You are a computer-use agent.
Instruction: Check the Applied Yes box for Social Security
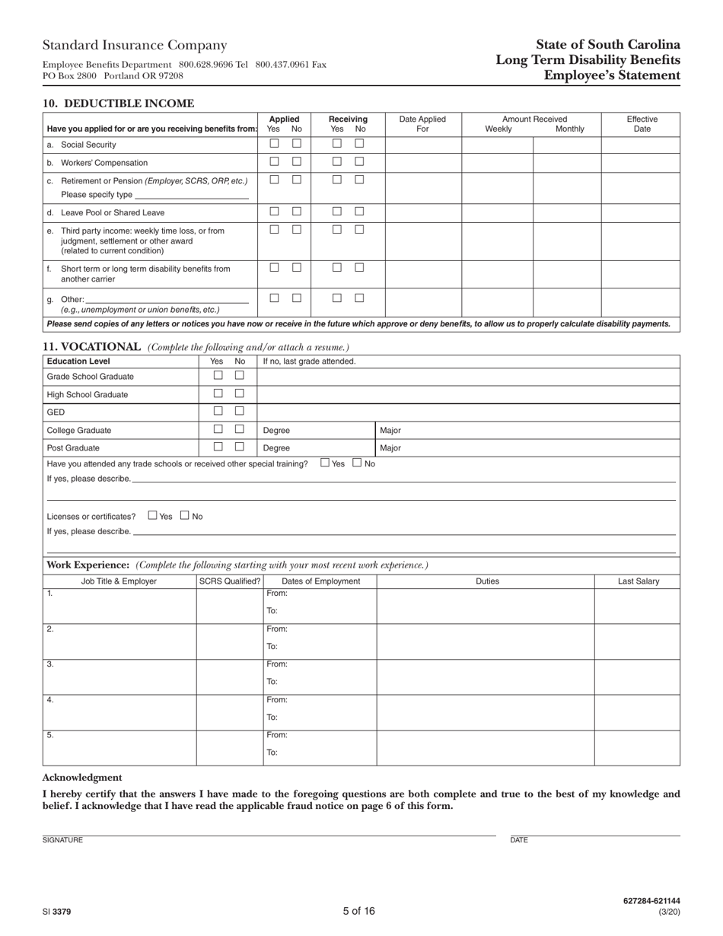(x=274, y=143)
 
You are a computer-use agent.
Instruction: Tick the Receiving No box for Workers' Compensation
(x=359, y=161)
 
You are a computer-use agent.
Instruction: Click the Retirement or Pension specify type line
(x=191, y=195)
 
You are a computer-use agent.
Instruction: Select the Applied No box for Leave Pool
(x=297, y=212)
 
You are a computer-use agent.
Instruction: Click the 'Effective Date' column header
(x=642, y=124)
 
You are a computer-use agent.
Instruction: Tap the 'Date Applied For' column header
(x=422, y=124)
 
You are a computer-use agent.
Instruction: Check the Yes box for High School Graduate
(x=218, y=393)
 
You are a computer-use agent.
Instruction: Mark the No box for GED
(x=239, y=411)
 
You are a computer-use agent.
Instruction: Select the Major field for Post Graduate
(x=527, y=448)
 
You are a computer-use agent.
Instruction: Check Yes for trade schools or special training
(x=326, y=462)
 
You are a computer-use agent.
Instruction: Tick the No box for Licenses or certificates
(x=185, y=515)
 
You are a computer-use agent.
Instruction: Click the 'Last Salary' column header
(x=638, y=581)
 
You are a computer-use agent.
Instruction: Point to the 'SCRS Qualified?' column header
(x=229, y=581)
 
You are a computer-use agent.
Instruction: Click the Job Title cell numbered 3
(x=119, y=677)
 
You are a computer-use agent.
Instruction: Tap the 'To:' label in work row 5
(x=272, y=753)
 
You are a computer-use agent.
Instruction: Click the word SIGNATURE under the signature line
(x=62, y=840)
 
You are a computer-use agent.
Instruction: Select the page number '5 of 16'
(x=358, y=911)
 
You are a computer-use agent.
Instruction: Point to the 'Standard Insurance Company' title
(x=135, y=46)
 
